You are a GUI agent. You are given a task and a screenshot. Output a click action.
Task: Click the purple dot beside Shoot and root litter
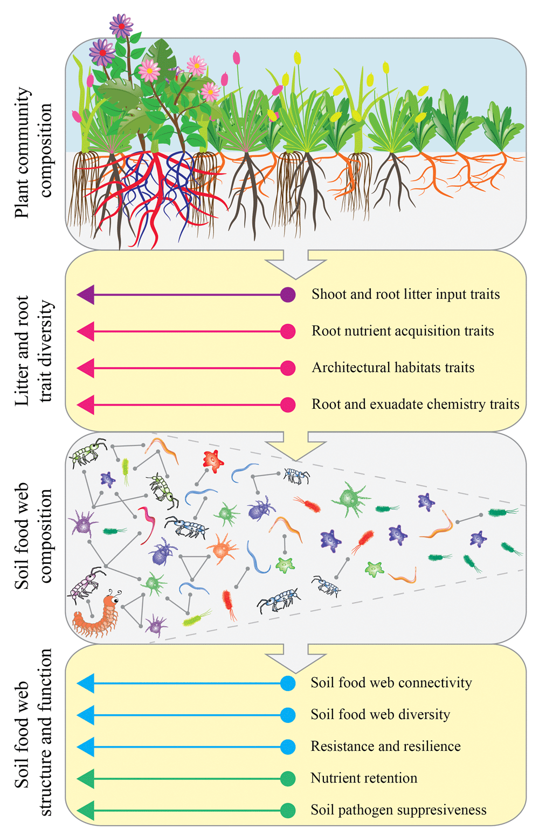288,295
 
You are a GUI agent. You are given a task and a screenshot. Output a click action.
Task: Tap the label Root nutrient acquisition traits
403,331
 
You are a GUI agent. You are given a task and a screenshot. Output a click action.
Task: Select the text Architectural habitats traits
393,368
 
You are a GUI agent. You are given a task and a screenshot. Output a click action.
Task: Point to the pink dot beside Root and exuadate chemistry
288,404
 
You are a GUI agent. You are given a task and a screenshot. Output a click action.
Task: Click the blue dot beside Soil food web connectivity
288,683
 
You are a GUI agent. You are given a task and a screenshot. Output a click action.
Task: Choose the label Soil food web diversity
381,714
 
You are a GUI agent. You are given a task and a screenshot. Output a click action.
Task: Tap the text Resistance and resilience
385,746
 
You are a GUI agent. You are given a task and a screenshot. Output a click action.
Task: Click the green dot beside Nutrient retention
288,779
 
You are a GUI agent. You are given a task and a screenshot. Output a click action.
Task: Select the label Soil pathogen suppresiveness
399,810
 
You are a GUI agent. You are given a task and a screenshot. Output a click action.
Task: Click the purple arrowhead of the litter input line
86,295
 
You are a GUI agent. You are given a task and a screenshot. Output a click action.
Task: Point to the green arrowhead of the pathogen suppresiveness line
86,811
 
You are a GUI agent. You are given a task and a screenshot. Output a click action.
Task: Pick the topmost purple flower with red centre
121,26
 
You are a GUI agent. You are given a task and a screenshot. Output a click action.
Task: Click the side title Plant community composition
33,152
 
